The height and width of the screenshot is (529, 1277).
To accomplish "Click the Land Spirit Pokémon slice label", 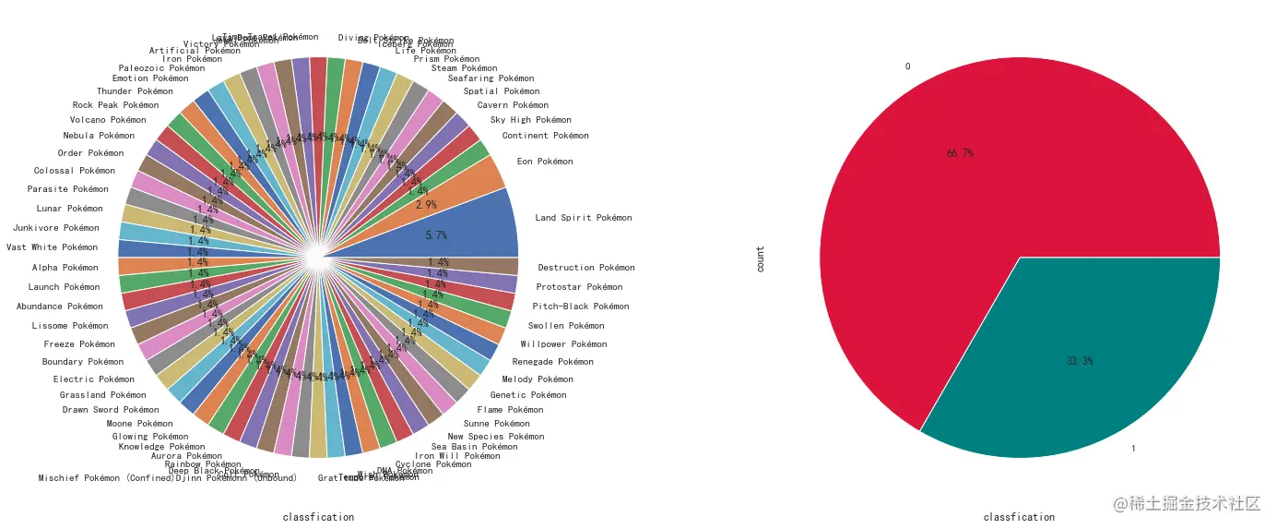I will (584, 218).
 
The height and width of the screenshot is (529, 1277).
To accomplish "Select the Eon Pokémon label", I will (545, 162).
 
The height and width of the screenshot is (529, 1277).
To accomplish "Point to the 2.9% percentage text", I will (426, 204).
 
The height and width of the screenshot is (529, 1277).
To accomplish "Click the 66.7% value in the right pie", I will (960, 153).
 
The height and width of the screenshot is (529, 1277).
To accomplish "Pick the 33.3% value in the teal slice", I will (1080, 361).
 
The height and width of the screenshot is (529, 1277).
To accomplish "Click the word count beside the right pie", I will (761, 258).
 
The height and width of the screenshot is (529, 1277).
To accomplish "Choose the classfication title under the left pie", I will (318, 517).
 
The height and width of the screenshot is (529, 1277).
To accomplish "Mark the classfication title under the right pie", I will (1019, 517).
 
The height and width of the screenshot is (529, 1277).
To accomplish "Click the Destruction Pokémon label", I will (586, 268).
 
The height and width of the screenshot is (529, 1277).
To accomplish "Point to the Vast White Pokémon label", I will (52, 247).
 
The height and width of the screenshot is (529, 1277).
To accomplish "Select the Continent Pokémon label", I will (545, 136).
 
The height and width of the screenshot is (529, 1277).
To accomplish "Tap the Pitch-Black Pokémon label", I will (581, 307).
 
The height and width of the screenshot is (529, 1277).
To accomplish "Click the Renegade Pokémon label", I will (553, 362).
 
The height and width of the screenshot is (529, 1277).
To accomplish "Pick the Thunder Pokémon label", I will (135, 91).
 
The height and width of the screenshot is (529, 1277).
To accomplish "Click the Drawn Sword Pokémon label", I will (111, 410).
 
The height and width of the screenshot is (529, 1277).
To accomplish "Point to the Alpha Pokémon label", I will (65, 268).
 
